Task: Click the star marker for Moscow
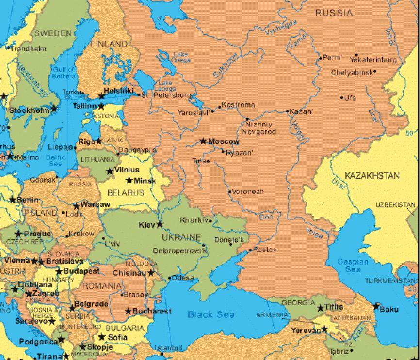[x=203, y=141]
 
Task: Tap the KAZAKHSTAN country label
[x=372, y=175]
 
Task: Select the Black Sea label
[x=211, y=315]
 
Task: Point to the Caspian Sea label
[x=353, y=266]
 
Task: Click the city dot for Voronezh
[x=230, y=192]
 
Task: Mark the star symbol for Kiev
[x=159, y=224]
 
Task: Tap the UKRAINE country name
[x=181, y=237]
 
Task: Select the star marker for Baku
[x=376, y=306]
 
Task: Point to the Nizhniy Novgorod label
[x=258, y=128]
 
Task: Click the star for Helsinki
[x=102, y=95]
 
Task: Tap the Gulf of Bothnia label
[x=64, y=73]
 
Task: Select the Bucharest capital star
[x=129, y=311]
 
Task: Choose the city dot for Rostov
[x=250, y=250]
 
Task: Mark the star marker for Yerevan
[x=324, y=329]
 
